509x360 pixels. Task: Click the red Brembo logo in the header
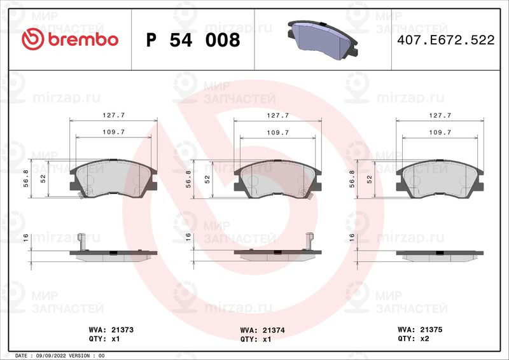[70, 39]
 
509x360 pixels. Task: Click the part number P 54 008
[193, 40]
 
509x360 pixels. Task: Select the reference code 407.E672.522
[446, 40]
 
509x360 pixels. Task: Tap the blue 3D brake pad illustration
[323, 40]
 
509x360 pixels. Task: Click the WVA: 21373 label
[111, 330]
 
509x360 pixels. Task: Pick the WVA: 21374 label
[262, 331]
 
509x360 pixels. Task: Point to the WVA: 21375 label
[420, 329]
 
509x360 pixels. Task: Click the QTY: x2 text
[413, 338]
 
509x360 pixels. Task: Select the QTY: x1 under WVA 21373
[104, 339]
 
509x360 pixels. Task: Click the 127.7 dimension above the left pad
[114, 115]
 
